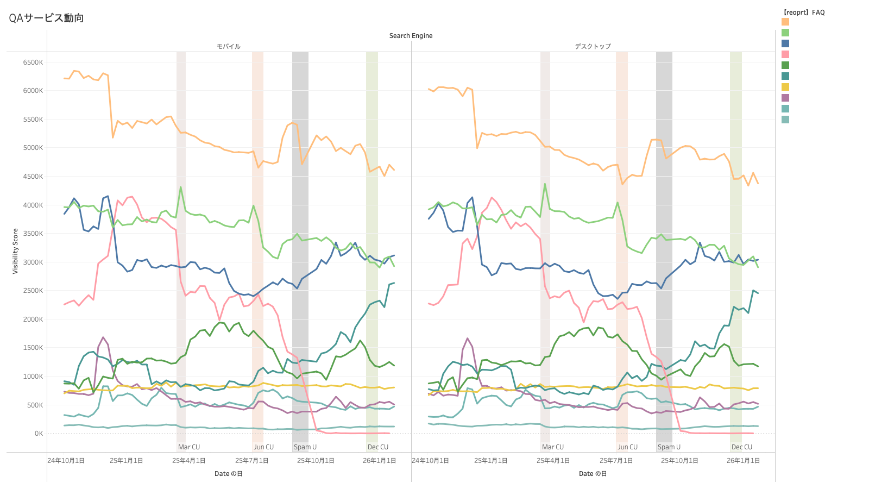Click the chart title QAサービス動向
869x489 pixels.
click(46, 18)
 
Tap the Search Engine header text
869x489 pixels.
click(411, 36)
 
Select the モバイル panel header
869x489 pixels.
click(229, 47)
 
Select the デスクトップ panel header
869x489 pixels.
click(593, 47)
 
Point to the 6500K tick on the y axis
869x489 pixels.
click(33, 62)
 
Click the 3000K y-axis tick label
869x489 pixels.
click(33, 262)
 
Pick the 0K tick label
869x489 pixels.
click(39, 434)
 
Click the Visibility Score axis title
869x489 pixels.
click(15, 251)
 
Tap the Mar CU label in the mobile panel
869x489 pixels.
click(189, 447)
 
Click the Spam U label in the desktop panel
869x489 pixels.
click(669, 447)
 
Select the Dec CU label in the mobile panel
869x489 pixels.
click(378, 447)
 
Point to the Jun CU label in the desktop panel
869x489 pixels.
click(627, 447)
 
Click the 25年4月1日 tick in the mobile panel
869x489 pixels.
click(189, 461)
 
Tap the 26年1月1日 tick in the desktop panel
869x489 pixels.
click(743, 461)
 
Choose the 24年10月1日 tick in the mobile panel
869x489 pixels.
click(66, 461)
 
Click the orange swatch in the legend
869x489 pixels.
click(785, 22)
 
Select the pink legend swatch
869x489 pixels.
click(785, 54)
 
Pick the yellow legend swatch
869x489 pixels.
click(785, 87)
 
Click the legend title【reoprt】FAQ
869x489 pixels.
click(803, 12)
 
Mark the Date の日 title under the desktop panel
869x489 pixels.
click(593, 474)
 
